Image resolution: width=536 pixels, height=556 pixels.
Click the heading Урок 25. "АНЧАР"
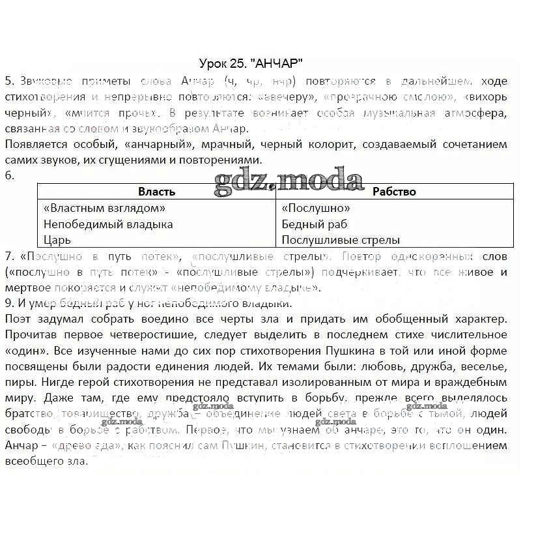click(251, 63)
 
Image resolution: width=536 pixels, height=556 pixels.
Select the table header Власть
click(156, 192)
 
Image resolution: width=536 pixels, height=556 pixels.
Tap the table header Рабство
click(394, 192)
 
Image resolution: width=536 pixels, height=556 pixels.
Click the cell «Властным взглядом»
click(104, 208)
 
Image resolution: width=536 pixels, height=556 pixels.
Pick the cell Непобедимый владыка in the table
click(108, 224)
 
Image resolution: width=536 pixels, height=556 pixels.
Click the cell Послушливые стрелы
click(341, 240)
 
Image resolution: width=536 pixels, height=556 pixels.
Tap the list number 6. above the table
click(9, 175)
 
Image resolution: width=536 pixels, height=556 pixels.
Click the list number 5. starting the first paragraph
click(9, 81)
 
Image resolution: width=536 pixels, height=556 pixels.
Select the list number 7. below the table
click(9, 256)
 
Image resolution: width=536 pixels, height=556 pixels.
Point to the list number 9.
click(9, 303)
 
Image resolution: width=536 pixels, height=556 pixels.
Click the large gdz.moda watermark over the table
click(289, 180)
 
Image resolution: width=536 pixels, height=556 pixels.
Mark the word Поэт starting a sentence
click(17, 319)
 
